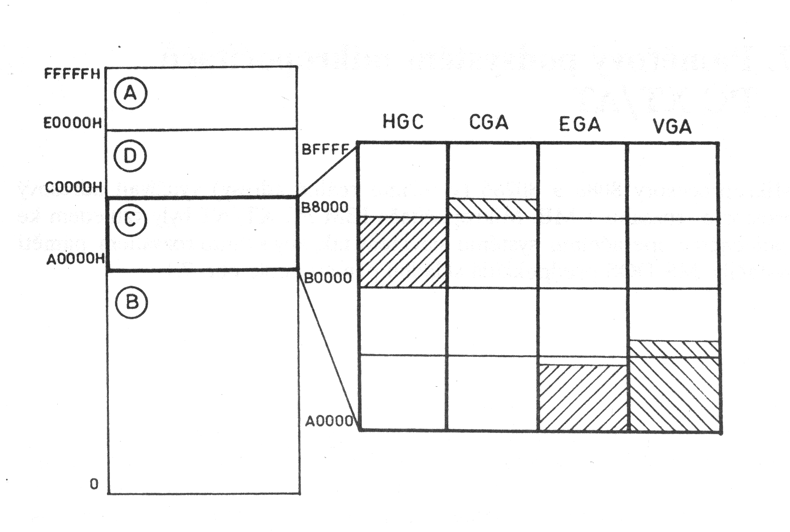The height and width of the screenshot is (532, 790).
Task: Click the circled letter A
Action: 130,93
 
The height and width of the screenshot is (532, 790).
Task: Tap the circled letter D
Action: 130,156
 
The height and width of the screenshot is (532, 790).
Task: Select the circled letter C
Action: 130,220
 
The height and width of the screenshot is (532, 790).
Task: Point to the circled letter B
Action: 131,302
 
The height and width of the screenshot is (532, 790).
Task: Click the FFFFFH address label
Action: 72,74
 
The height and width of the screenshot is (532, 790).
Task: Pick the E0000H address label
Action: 72,123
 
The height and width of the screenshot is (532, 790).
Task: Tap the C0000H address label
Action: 74,187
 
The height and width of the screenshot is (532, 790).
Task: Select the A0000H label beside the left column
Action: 76,259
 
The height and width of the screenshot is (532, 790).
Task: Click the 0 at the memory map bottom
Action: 94,484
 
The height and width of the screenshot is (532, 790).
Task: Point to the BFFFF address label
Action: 325,150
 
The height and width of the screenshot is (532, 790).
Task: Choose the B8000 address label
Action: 325,207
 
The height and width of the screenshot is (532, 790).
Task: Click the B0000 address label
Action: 328,278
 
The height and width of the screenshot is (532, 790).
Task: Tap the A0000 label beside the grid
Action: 330,421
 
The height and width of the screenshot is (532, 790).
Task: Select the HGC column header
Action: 403,122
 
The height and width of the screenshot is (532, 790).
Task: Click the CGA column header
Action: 488,123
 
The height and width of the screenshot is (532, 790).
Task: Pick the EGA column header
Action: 580,125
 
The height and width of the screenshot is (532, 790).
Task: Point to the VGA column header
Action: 672,127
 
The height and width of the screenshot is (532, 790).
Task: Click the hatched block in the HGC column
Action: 403,252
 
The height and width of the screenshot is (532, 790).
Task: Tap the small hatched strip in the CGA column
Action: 492,208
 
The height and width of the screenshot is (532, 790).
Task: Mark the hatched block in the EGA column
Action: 583,397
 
